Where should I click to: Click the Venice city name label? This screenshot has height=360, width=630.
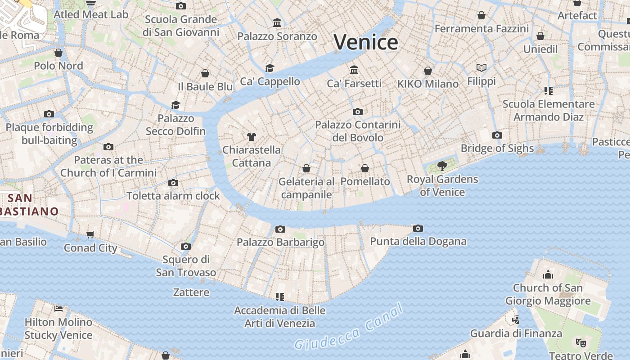coord(366,42)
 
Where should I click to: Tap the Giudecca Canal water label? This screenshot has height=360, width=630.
coord(349,327)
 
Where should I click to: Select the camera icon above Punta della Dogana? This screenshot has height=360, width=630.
coord(418,229)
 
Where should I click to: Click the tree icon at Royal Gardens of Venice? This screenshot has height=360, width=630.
coord(442,166)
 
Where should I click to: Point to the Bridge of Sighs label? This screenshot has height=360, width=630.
coord(497,148)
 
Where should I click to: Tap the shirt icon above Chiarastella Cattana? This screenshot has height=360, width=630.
coord(252,137)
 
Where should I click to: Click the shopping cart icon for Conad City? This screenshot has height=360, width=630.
coord(90,234)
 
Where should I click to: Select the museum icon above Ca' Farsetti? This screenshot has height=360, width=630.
coord(354,70)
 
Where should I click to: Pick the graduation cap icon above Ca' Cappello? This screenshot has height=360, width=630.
coord(270,68)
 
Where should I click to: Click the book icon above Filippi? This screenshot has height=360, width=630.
coord(481,68)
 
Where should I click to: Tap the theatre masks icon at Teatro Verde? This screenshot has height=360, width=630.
coord(581,343)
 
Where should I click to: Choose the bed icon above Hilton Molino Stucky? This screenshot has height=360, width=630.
coord(58,309)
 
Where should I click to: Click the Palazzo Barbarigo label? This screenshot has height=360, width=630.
coord(280,242)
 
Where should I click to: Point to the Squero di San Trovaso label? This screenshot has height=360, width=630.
coord(186,266)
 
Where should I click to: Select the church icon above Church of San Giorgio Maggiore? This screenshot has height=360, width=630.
coord(548,274)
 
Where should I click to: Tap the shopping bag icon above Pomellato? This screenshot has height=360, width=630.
coord(365,168)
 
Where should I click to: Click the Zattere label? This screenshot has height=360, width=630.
coord(191,292)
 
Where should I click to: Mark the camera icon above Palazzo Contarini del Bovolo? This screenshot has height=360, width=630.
coord(358,112)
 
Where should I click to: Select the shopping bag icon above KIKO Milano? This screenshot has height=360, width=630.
coord(428,71)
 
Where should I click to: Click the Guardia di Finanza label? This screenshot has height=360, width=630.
coord(516,333)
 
